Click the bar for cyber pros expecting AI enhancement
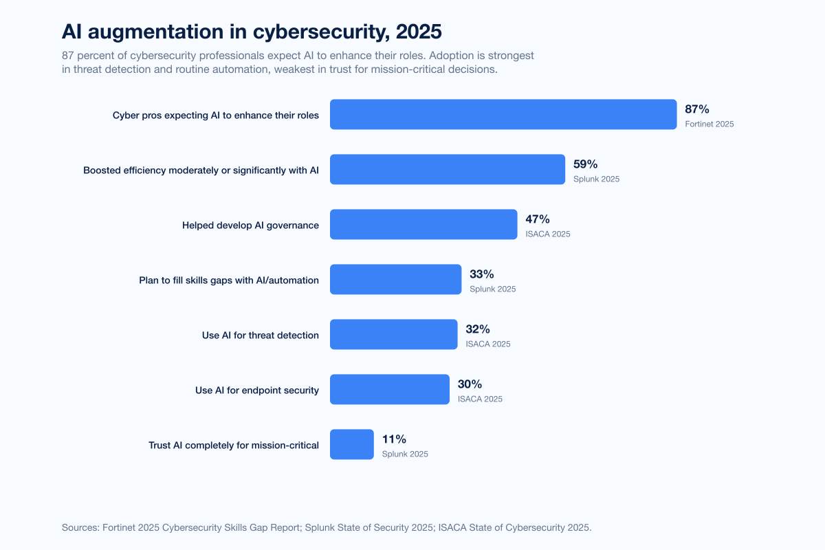pyautogui.click(x=503, y=114)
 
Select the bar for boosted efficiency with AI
pyautogui.click(x=448, y=169)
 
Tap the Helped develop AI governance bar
pyautogui.click(x=423, y=224)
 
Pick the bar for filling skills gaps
pyautogui.click(x=395, y=279)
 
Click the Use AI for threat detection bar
pyautogui.click(x=394, y=335)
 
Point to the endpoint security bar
pyautogui.click(x=390, y=389)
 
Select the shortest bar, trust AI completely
pyautogui.click(x=352, y=444)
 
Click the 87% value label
pyautogui.click(x=697, y=109)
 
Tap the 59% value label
pyautogui.click(x=585, y=164)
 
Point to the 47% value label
pyautogui.click(x=538, y=219)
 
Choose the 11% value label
pyautogui.click(x=394, y=439)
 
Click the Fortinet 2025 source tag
pyautogui.click(x=709, y=124)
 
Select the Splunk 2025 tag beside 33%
pyautogui.click(x=492, y=289)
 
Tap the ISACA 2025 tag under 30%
pyautogui.click(x=480, y=399)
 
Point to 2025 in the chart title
pyautogui.click(x=419, y=32)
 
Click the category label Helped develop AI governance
pyautogui.click(x=250, y=225)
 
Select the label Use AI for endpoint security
pyautogui.click(x=257, y=390)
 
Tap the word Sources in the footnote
pyautogui.click(x=80, y=527)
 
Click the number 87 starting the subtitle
pyautogui.click(x=68, y=56)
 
